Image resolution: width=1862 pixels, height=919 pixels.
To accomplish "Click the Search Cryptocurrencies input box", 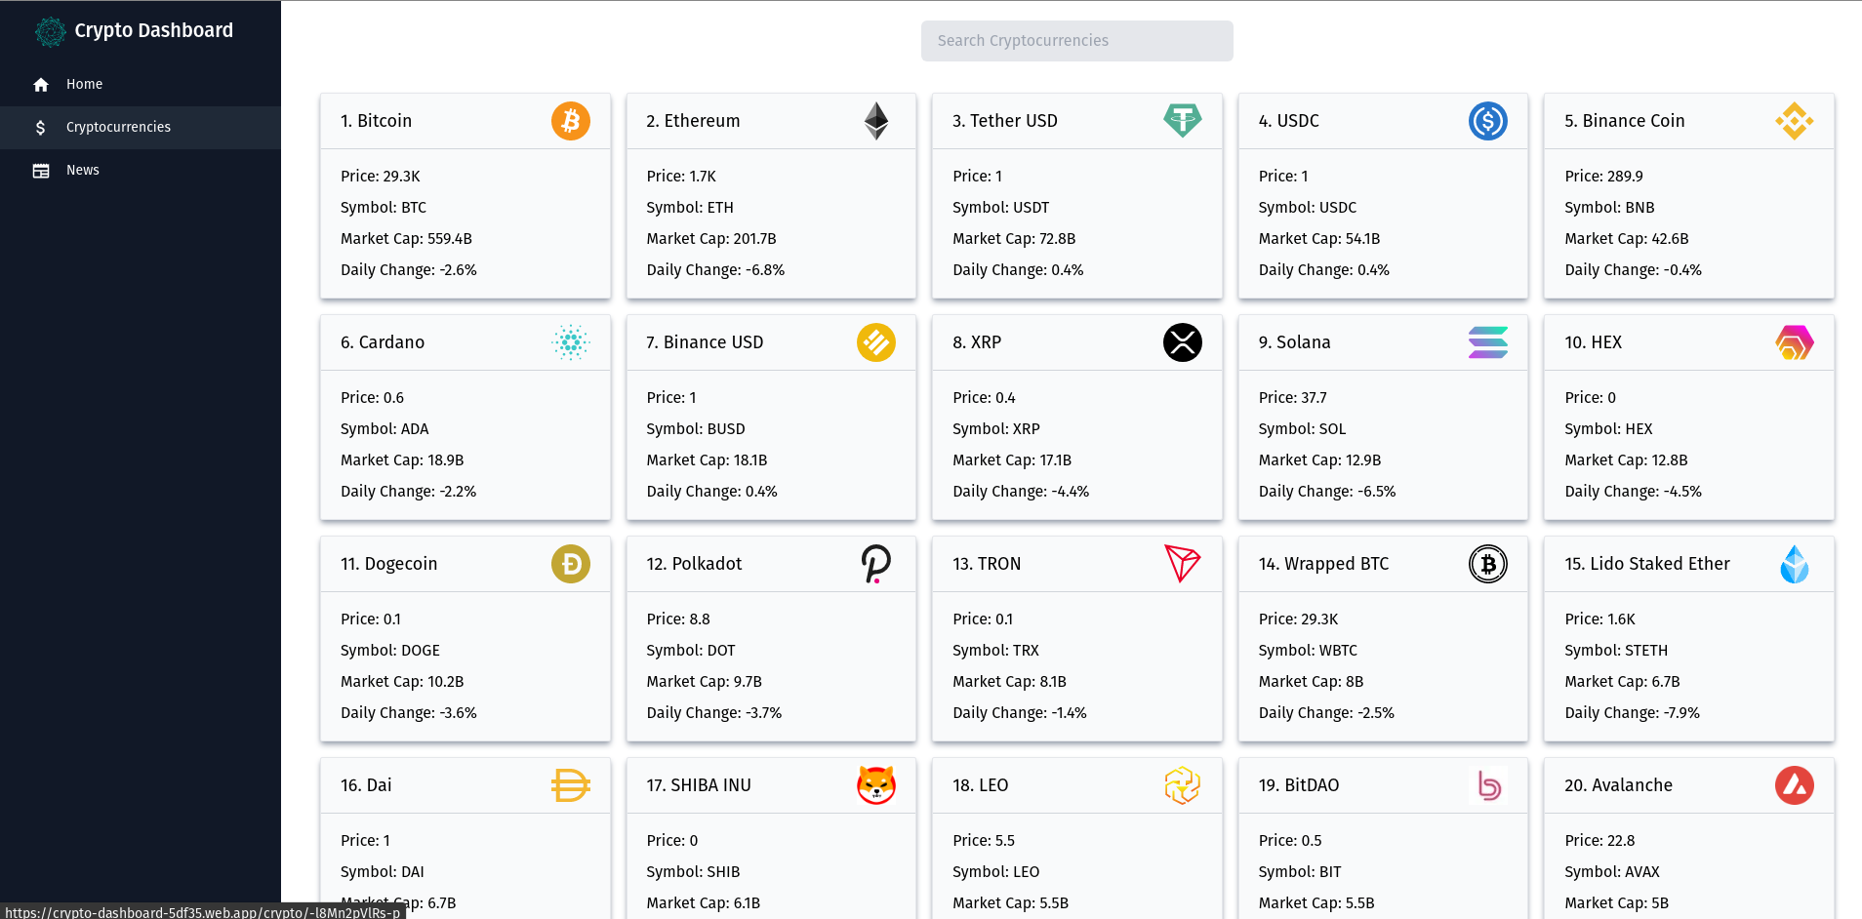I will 1076,41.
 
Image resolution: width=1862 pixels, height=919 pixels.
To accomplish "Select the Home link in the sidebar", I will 84,85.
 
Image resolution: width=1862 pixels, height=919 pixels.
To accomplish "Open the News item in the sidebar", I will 82,171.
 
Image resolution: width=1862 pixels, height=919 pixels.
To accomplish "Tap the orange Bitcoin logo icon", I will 571,121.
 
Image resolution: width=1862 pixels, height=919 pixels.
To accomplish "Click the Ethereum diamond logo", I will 876,121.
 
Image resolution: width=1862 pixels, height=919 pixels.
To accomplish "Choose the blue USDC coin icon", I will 1487,121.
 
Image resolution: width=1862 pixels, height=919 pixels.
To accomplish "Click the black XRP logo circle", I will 1182,342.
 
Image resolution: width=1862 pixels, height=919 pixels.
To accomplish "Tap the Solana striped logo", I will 1487,342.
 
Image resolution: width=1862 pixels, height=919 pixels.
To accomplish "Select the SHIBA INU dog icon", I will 876,785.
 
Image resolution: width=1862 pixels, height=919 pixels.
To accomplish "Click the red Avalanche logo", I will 1794,785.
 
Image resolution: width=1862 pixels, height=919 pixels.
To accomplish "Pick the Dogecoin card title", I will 388,564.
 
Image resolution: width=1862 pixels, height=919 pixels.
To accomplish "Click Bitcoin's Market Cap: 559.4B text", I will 406,239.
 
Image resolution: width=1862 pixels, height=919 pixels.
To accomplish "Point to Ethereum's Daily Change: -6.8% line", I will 715,270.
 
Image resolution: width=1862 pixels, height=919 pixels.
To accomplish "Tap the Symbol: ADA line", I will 385,429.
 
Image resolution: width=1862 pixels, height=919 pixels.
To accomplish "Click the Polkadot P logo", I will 876,564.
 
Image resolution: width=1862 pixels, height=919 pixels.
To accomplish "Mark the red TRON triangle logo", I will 1182,564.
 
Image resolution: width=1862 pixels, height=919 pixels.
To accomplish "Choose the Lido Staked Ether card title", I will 1646,564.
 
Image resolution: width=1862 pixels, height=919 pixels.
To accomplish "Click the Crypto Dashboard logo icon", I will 50,31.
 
